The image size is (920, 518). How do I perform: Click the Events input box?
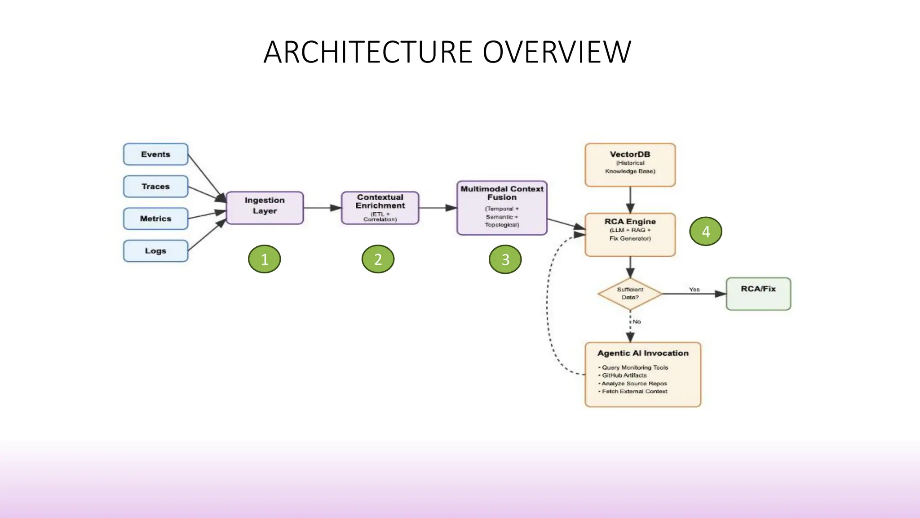pyautogui.click(x=155, y=154)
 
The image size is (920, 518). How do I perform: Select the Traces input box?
pyautogui.click(x=155, y=186)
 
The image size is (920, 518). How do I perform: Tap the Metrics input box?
pyautogui.click(x=155, y=219)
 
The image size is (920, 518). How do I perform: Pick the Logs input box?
pyautogui.click(x=155, y=251)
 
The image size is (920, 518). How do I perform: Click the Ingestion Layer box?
pyautogui.click(x=265, y=207)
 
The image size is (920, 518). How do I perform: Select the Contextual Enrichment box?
pyautogui.click(x=380, y=207)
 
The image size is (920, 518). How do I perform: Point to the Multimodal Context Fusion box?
pyautogui.click(x=502, y=207)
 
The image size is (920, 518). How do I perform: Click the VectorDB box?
pyautogui.click(x=630, y=164)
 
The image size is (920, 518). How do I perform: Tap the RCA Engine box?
pyautogui.click(x=630, y=234)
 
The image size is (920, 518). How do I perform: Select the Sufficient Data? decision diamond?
pyautogui.click(x=630, y=294)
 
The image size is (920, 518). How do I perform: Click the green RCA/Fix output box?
pyautogui.click(x=758, y=294)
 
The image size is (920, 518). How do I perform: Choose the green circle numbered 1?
pyautogui.click(x=264, y=259)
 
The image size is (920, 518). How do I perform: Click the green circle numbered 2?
pyautogui.click(x=378, y=259)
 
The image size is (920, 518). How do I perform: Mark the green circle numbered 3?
pyautogui.click(x=505, y=259)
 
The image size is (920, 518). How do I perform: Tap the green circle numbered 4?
pyautogui.click(x=705, y=231)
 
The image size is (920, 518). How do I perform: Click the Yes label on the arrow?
pyautogui.click(x=694, y=290)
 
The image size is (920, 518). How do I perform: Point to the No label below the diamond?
pyautogui.click(x=637, y=322)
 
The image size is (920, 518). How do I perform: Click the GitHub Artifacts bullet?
pyautogui.click(x=624, y=375)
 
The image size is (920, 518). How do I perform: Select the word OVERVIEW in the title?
pyautogui.click(x=557, y=52)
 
